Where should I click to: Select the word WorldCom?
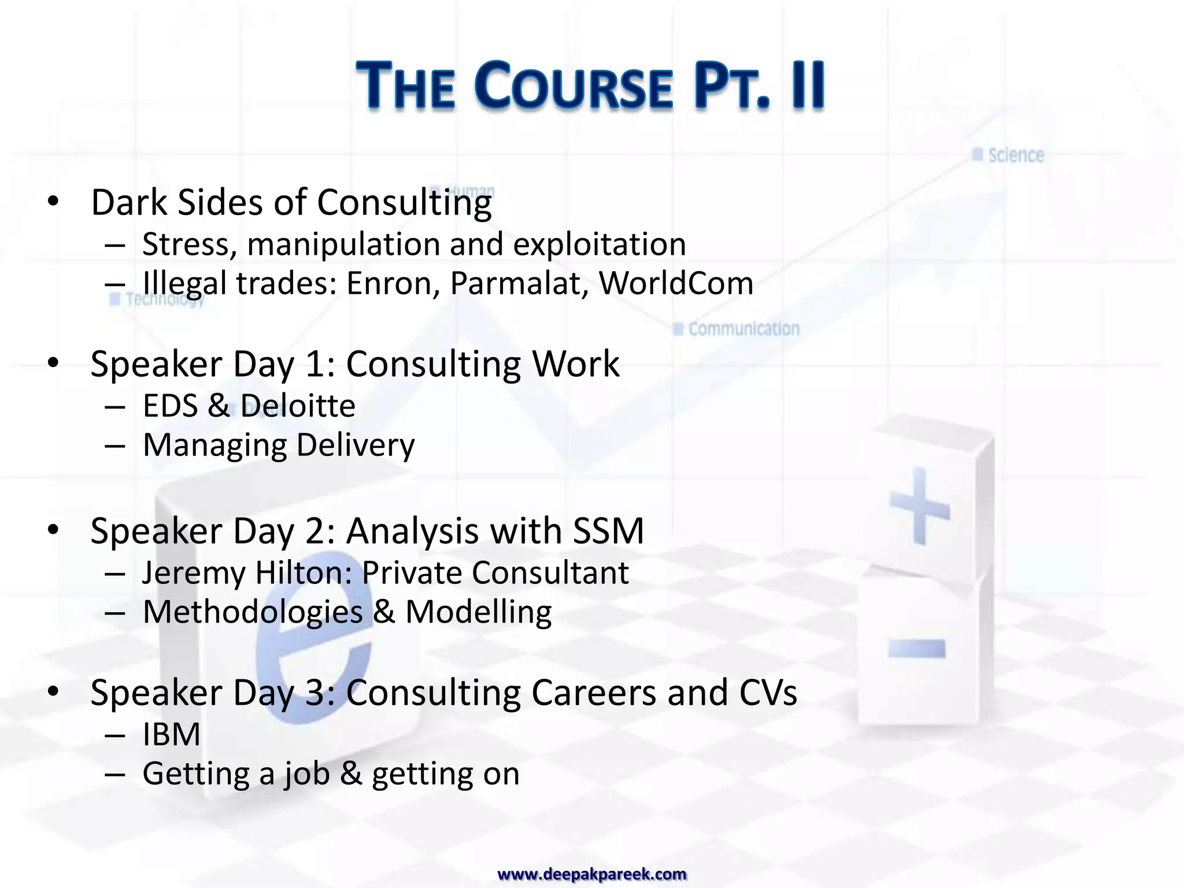coord(676,284)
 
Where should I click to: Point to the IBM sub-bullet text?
coord(171,735)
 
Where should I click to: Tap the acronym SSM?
coord(608,531)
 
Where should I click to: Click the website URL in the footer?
coord(592,874)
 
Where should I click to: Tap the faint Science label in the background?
coord(1015,155)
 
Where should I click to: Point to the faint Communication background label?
coord(743,329)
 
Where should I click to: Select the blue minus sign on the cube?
coord(916,649)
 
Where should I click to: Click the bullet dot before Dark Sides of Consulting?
coord(54,202)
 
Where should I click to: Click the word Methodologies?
coord(252,613)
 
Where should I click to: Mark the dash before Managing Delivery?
coord(115,446)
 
